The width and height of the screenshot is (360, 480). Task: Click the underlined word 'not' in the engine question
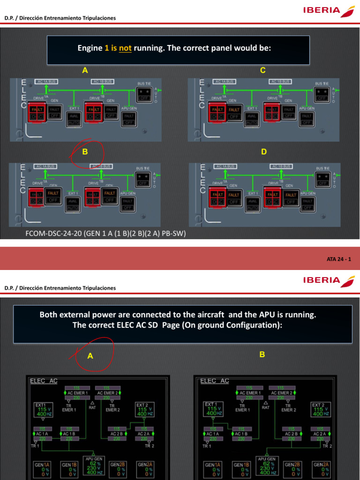(125, 48)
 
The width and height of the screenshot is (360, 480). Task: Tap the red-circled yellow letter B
(85, 152)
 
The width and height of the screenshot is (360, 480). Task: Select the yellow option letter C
(263, 70)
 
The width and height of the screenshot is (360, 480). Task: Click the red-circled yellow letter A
(90, 356)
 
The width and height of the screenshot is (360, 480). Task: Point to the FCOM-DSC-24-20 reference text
(109, 233)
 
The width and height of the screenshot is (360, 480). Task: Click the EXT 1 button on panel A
(73, 118)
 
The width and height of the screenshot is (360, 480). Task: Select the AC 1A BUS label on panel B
(45, 166)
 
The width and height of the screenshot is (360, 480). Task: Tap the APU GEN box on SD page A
(94, 465)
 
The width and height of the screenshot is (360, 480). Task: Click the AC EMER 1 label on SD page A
(78, 392)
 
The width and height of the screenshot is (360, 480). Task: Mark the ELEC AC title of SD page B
(215, 381)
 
